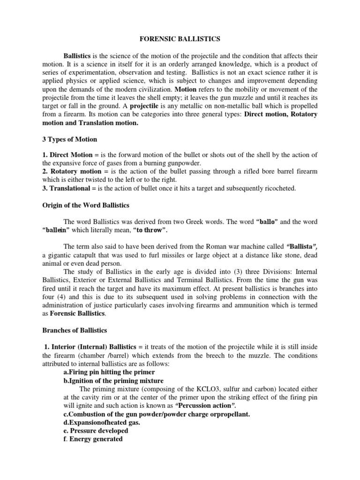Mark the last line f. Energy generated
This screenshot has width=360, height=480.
tap(93, 439)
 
